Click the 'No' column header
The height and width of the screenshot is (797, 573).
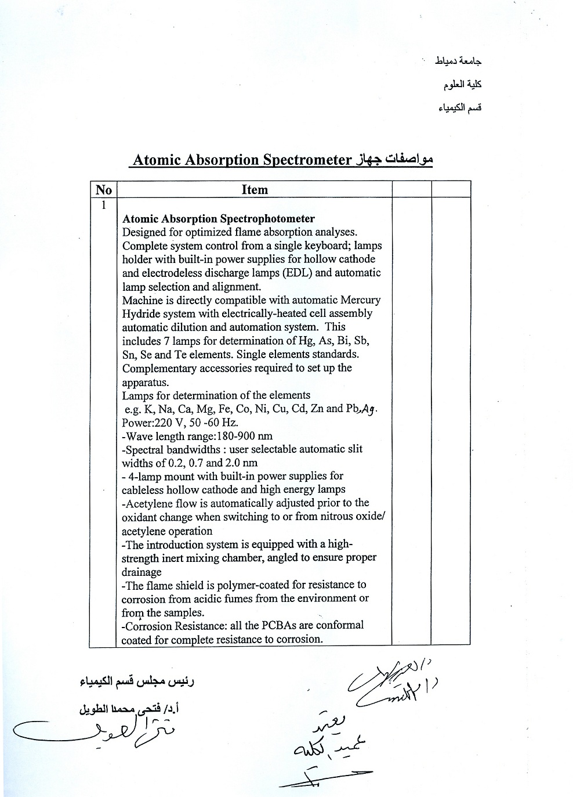(104, 190)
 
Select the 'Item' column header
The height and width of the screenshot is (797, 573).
(255, 190)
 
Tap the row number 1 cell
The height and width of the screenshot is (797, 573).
(104, 205)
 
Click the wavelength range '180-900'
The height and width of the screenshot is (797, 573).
(237, 436)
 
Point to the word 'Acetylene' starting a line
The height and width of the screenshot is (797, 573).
(149, 503)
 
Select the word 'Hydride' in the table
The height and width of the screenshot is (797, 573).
(140, 313)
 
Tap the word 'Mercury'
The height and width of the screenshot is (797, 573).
(360, 300)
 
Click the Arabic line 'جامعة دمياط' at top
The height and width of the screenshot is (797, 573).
(459, 61)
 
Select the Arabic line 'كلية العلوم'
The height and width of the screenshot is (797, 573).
(462, 85)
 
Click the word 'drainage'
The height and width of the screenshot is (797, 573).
(142, 572)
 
